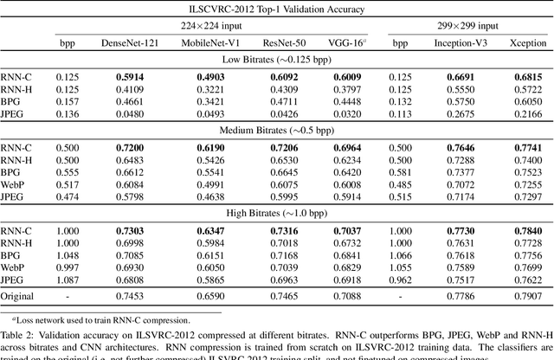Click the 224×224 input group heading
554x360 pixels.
click(x=219, y=23)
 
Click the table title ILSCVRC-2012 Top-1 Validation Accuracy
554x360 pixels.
click(x=276, y=8)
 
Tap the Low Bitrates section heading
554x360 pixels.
click(x=276, y=57)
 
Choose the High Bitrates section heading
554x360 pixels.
click(x=276, y=208)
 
